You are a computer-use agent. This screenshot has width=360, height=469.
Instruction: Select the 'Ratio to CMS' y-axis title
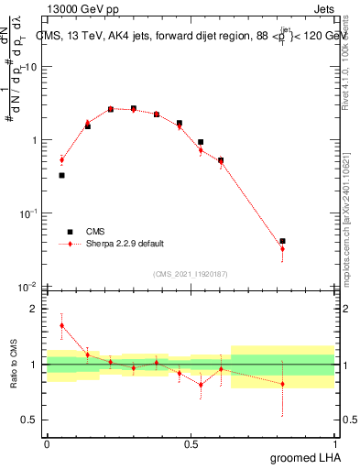tap(14, 365)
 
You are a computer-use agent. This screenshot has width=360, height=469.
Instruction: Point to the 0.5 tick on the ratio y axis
tap(34, 420)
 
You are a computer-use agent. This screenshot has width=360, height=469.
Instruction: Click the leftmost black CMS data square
tap(61, 175)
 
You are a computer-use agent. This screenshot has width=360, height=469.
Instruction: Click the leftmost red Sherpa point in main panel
tap(61, 159)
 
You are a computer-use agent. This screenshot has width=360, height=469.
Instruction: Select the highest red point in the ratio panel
tap(61, 325)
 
